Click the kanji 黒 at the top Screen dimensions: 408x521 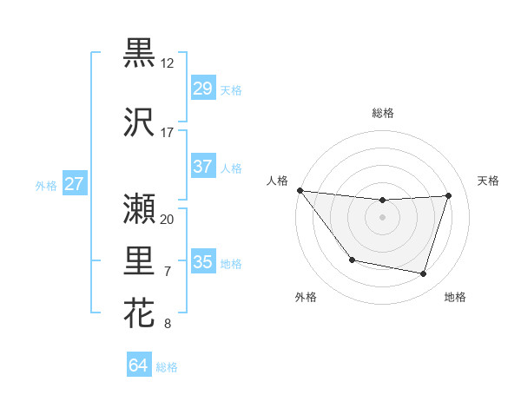139,54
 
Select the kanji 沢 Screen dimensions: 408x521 139,123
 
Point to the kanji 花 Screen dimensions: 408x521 139,313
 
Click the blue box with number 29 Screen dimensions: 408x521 202,89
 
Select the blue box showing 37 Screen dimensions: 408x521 202,167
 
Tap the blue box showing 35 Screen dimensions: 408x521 202,262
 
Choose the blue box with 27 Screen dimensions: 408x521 75,184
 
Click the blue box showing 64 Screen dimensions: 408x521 139,365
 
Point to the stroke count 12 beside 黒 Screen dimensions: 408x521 168,63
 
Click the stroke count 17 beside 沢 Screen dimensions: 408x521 168,133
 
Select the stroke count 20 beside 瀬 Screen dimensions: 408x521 168,219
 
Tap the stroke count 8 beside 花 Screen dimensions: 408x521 168,324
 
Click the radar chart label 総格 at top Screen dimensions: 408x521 383,113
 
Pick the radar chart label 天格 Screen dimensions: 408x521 489,181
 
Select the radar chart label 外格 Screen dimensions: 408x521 306,297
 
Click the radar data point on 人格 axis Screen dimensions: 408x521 300,190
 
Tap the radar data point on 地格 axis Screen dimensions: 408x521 424,274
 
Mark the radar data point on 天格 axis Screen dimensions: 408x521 449,195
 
